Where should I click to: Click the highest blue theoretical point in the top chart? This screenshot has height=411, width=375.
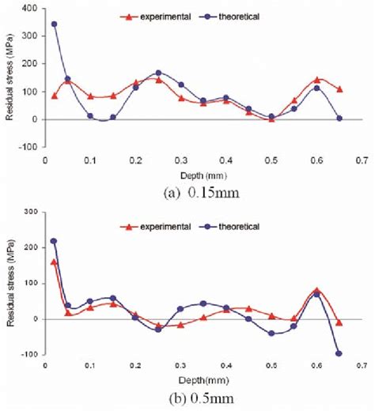click(x=54, y=24)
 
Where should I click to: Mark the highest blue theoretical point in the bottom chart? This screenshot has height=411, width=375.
click(x=54, y=241)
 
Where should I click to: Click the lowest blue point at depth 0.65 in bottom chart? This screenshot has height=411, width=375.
click(x=339, y=353)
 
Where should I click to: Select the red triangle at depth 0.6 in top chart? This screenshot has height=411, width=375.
click(x=316, y=80)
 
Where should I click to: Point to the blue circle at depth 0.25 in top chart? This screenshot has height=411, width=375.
click(x=158, y=73)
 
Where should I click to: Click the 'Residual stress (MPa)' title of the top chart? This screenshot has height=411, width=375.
click(x=10, y=79)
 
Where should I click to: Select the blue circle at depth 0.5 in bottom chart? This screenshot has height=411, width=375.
click(x=271, y=334)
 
